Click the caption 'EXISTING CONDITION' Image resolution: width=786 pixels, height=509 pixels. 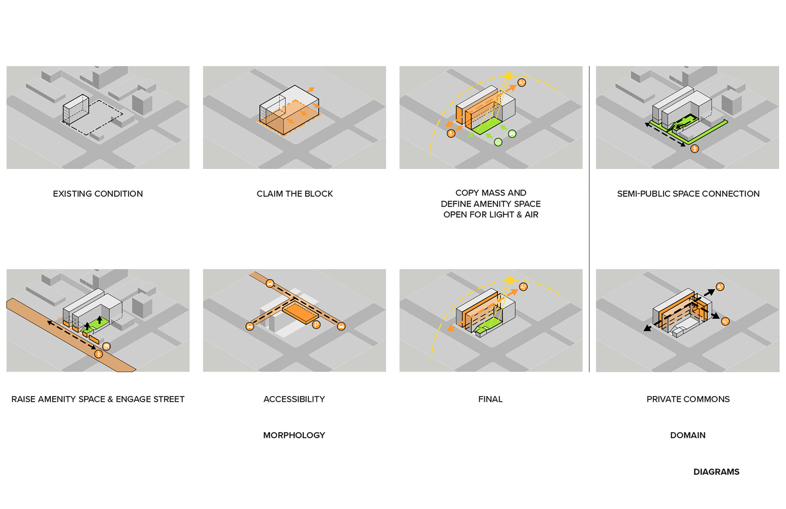pyautogui.click(x=98, y=194)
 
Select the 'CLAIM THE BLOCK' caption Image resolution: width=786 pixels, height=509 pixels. pyautogui.click(x=295, y=194)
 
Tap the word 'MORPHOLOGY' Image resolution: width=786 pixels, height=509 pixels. pyautogui.click(x=294, y=435)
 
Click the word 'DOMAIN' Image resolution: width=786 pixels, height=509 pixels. pyautogui.click(x=688, y=435)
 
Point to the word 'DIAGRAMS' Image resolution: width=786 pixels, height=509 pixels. pyautogui.click(x=716, y=472)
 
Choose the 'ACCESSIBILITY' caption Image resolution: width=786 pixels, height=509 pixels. pyautogui.click(x=294, y=399)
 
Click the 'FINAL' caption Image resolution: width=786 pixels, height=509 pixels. pyautogui.click(x=490, y=399)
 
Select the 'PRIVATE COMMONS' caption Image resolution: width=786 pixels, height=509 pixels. pyautogui.click(x=688, y=399)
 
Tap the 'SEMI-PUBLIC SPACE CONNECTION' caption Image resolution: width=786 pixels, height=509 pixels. pyautogui.click(x=688, y=194)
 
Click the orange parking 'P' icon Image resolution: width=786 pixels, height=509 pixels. pyautogui.click(x=316, y=325)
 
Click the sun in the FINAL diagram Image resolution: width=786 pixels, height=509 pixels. pyautogui.click(x=510, y=280)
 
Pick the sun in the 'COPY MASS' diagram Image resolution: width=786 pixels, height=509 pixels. pyautogui.click(x=508, y=76)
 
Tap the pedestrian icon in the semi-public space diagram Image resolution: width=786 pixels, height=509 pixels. pyautogui.click(x=694, y=149)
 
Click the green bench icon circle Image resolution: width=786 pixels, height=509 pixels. pyautogui.click(x=512, y=134)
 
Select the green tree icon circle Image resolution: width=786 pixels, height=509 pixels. pyautogui.click(x=498, y=143)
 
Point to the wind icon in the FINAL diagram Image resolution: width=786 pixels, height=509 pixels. pyautogui.click(x=523, y=287)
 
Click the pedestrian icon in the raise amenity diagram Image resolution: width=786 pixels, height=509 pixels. pyautogui.click(x=99, y=354)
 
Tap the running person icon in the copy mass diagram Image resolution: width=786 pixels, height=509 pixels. pyautogui.click(x=451, y=134)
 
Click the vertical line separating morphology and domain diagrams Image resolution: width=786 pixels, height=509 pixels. pyautogui.click(x=589, y=219)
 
